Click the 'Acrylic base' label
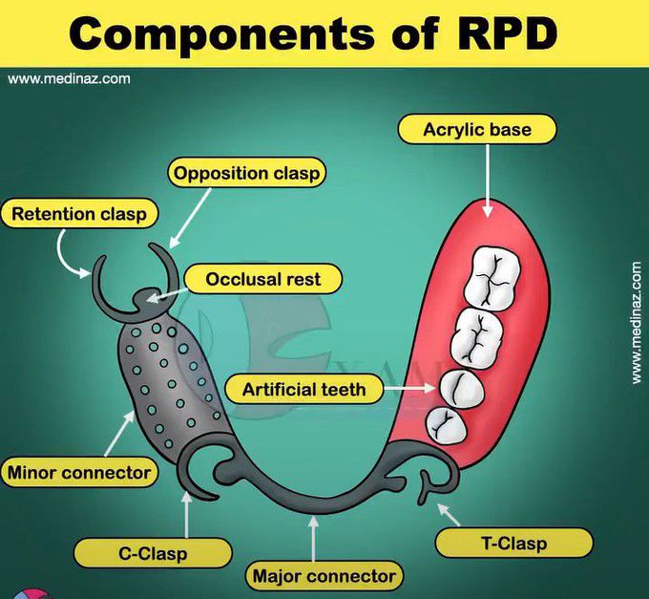coord(476,129)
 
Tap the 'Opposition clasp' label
coord(246,174)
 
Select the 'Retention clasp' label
coord(79,214)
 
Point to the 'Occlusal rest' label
coord(263,280)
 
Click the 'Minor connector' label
coord(79,472)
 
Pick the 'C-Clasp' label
coord(153,552)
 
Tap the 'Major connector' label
coord(324,576)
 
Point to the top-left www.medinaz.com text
coord(69,78)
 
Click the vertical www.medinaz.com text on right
coord(637,324)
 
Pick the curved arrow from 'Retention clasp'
coord(69,253)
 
